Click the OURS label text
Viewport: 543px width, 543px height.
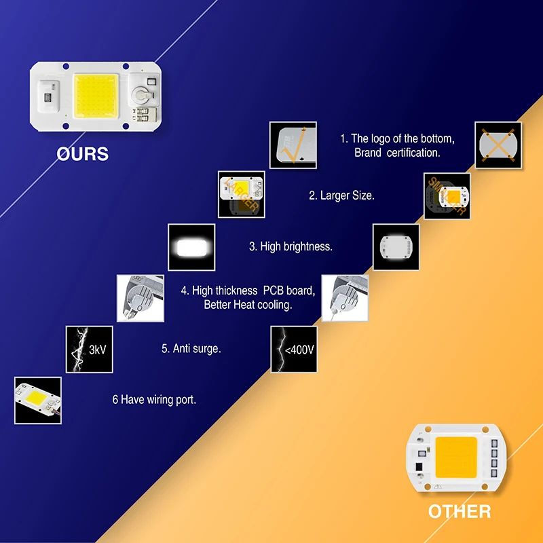click(x=82, y=154)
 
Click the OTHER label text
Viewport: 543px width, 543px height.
click(x=459, y=511)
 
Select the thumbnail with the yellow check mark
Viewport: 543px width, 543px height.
click(x=293, y=145)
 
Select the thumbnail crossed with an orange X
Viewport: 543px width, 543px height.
click(x=498, y=145)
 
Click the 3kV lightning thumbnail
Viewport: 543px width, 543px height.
click(x=88, y=349)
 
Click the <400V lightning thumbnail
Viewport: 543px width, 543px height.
click(x=294, y=349)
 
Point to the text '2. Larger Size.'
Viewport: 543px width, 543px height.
click(x=341, y=195)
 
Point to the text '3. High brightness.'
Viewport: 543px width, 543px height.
click(x=291, y=246)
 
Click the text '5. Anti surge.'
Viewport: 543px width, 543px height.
click(x=191, y=349)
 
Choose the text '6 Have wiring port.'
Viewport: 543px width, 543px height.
click(x=154, y=400)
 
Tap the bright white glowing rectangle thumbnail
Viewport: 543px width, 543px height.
click(x=191, y=247)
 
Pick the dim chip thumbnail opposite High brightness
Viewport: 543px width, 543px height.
click(x=396, y=247)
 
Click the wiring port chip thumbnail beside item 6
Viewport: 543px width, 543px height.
click(x=37, y=400)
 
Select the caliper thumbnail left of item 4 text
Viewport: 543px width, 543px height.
click(x=141, y=298)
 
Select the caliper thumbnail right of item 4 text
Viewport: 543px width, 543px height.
click(x=345, y=298)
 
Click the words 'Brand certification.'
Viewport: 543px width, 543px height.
click(x=397, y=153)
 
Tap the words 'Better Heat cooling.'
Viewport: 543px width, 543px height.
click(x=248, y=305)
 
